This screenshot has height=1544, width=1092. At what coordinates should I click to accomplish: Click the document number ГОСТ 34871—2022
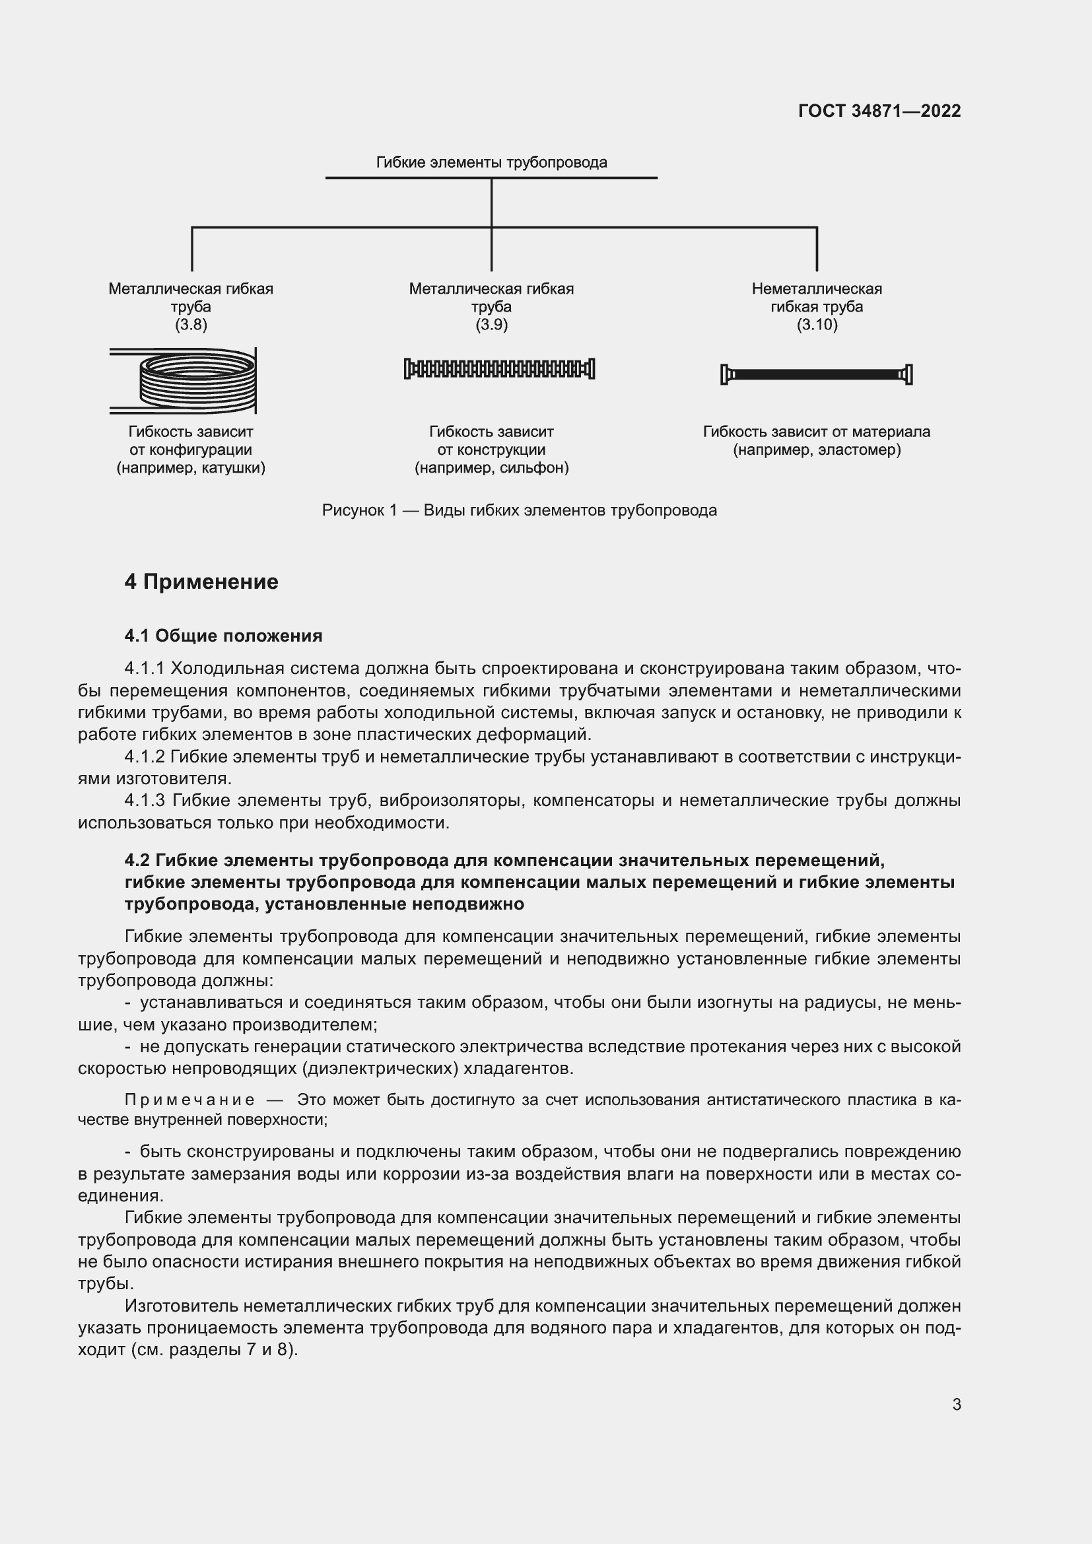coord(879,111)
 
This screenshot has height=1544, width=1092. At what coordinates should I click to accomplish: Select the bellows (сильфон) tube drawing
coord(499,368)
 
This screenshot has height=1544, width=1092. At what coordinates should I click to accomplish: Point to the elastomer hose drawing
coord(816,374)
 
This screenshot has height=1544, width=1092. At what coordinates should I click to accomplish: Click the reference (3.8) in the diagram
coord(191,325)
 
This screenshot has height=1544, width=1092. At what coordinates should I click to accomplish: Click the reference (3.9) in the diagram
coord(492,325)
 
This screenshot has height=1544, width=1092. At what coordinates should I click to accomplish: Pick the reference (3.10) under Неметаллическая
coord(816,325)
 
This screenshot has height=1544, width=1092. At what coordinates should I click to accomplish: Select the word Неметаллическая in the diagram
coord(816,289)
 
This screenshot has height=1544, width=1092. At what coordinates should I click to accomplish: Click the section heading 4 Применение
coord(201,582)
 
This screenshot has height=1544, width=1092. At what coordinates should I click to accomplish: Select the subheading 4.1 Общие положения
coord(223,636)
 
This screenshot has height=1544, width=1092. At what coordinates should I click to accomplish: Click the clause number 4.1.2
coord(145,757)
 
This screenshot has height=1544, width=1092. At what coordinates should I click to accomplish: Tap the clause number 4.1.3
coord(145,801)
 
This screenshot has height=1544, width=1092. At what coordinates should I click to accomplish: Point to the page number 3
coord(956,1405)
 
